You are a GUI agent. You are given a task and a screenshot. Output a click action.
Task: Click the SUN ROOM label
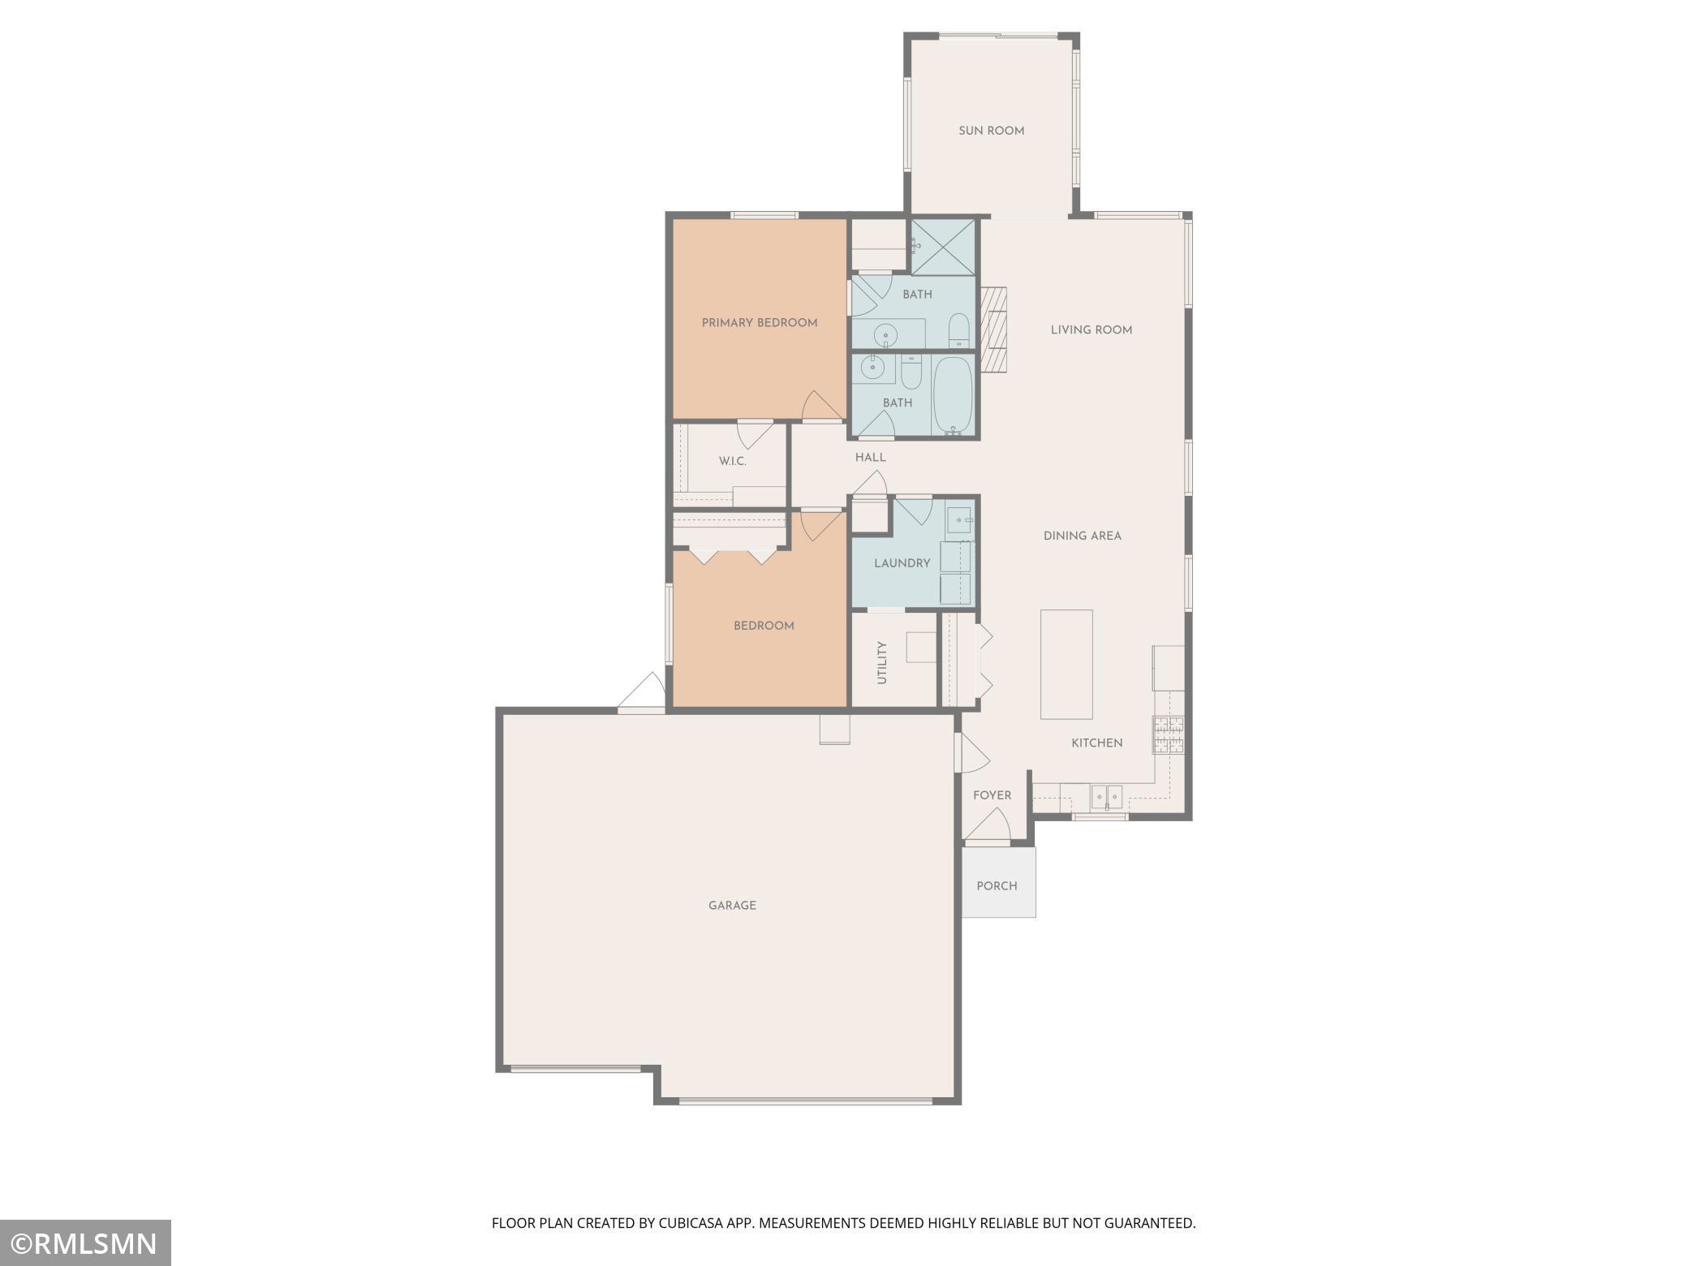point(991,131)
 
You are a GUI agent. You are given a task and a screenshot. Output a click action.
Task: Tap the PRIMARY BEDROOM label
point(760,323)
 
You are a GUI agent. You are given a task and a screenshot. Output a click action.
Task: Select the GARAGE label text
point(732,906)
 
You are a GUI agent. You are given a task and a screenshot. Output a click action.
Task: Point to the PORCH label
point(997,886)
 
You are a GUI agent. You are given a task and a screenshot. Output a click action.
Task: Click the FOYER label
point(993,795)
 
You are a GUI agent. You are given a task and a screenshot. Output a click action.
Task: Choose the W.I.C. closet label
point(732,462)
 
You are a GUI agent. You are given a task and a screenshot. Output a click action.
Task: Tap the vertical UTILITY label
point(882,662)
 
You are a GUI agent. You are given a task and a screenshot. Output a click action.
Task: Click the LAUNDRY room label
point(902,563)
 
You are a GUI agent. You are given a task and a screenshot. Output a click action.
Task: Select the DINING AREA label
point(1083,536)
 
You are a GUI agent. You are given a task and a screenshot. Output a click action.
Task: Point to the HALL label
point(870,458)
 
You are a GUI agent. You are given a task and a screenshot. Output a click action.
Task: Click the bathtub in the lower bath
point(953,395)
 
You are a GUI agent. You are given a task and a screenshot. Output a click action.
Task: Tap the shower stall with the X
point(942,247)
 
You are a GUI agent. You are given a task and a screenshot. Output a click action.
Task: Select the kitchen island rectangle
point(1066,664)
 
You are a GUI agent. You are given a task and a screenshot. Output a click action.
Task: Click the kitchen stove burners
point(1169,734)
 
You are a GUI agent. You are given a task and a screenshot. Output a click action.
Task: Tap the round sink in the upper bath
point(885,334)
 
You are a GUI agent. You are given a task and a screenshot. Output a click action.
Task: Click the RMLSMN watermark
point(85,1242)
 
